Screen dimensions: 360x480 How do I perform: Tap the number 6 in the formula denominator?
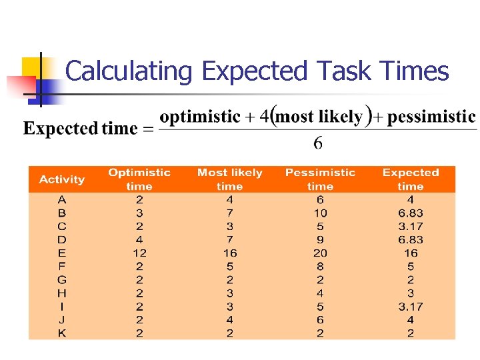(318, 143)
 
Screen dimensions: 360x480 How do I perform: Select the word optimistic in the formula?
(200, 117)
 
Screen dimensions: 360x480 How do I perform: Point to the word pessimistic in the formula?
(431, 117)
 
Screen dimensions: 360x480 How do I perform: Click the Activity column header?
(62, 179)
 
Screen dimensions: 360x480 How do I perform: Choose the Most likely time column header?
(230, 179)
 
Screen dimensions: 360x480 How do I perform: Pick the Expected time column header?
(411, 179)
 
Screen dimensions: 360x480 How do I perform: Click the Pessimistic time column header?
(320, 179)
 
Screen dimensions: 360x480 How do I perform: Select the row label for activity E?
(62, 253)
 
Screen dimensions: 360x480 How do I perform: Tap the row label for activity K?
(62, 333)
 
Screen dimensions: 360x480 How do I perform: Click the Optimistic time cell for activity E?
(139, 253)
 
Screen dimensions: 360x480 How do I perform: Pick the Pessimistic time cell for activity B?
(320, 213)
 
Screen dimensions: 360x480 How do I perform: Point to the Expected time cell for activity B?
(411, 213)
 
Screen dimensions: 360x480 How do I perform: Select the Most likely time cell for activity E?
(230, 253)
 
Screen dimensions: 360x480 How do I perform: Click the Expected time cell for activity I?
(411, 307)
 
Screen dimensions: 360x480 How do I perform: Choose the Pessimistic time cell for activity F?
(320, 267)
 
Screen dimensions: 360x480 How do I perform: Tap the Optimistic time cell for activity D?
(139, 240)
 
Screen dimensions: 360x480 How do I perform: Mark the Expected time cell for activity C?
(411, 227)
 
